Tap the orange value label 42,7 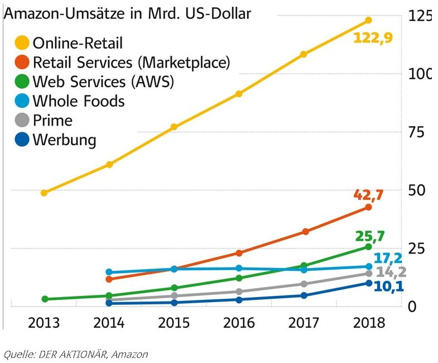pyautogui.click(x=369, y=195)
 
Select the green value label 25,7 pyautogui.click(x=369, y=236)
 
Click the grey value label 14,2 pyautogui.click(x=391, y=273)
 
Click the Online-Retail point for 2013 pyautogui.click(x=44, y=193)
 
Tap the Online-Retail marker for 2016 pyautogui.click(x=239, y=94)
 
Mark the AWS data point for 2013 pyautogui.click(x=45, y=299)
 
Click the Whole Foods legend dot pyautogui.click(x=22, y=101)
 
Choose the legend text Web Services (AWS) pyautogui.click(x=103, y=82)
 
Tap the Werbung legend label pyautogui.click(x=64, y=140)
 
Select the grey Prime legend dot pyautogui.click(x=22, y=121)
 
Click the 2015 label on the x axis pyautogui.click(x=174, y=323)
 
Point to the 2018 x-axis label pyautogui.click(x=369, y=323)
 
